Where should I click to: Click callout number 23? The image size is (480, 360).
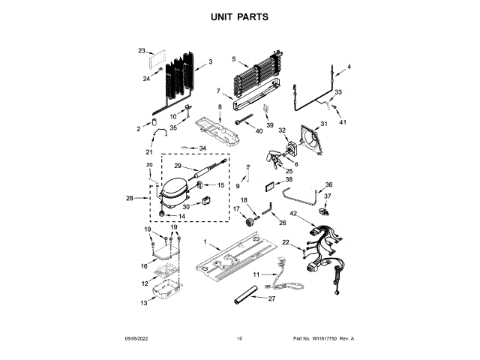141,51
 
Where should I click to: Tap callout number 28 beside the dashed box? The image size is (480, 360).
130,198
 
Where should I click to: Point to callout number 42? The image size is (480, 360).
293,214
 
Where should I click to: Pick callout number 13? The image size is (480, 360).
144,303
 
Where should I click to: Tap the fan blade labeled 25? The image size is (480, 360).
275,160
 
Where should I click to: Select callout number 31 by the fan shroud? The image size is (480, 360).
325,124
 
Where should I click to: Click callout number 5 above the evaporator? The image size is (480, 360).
234,58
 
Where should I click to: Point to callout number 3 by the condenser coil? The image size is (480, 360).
210,61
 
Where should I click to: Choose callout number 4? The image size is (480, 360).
349,67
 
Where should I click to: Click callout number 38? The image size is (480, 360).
289,180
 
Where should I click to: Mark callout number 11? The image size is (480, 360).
255,275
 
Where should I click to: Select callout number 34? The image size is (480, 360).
202,148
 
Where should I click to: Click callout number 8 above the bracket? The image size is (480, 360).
220,108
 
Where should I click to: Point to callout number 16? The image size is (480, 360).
144,265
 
